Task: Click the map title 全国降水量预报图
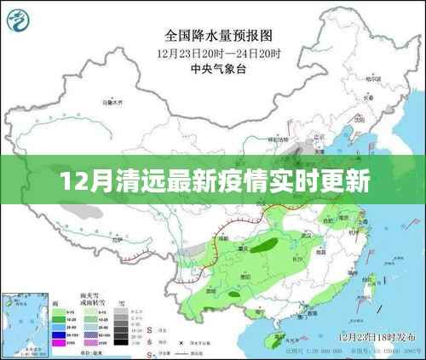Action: pyautogui.click(x=213, y=37)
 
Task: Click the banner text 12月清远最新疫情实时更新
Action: pyautogui.click(x=213, y=181)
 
